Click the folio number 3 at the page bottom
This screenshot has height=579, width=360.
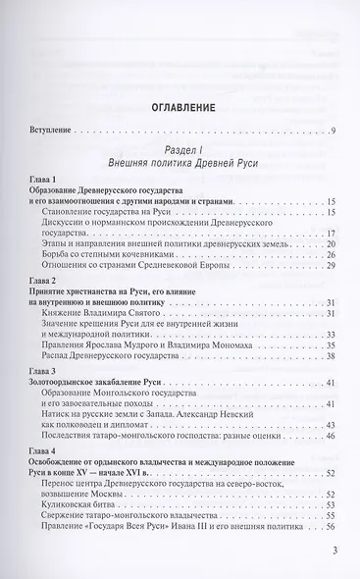coord(334,562)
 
